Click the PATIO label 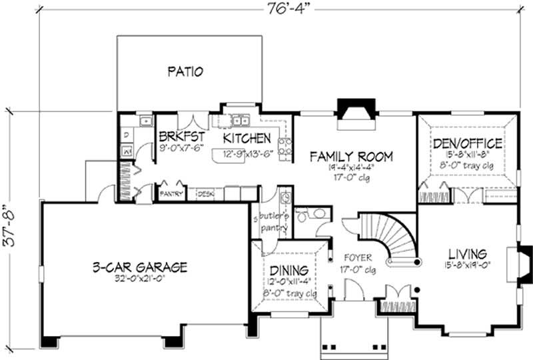(x=185, y=71)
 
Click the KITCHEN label (x=247, y=138)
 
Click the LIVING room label (x=467, y=254)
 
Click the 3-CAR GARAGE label (x=140, y=267)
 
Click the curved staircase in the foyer (x=394, y=237)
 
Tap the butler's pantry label (x=272, y=222)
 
